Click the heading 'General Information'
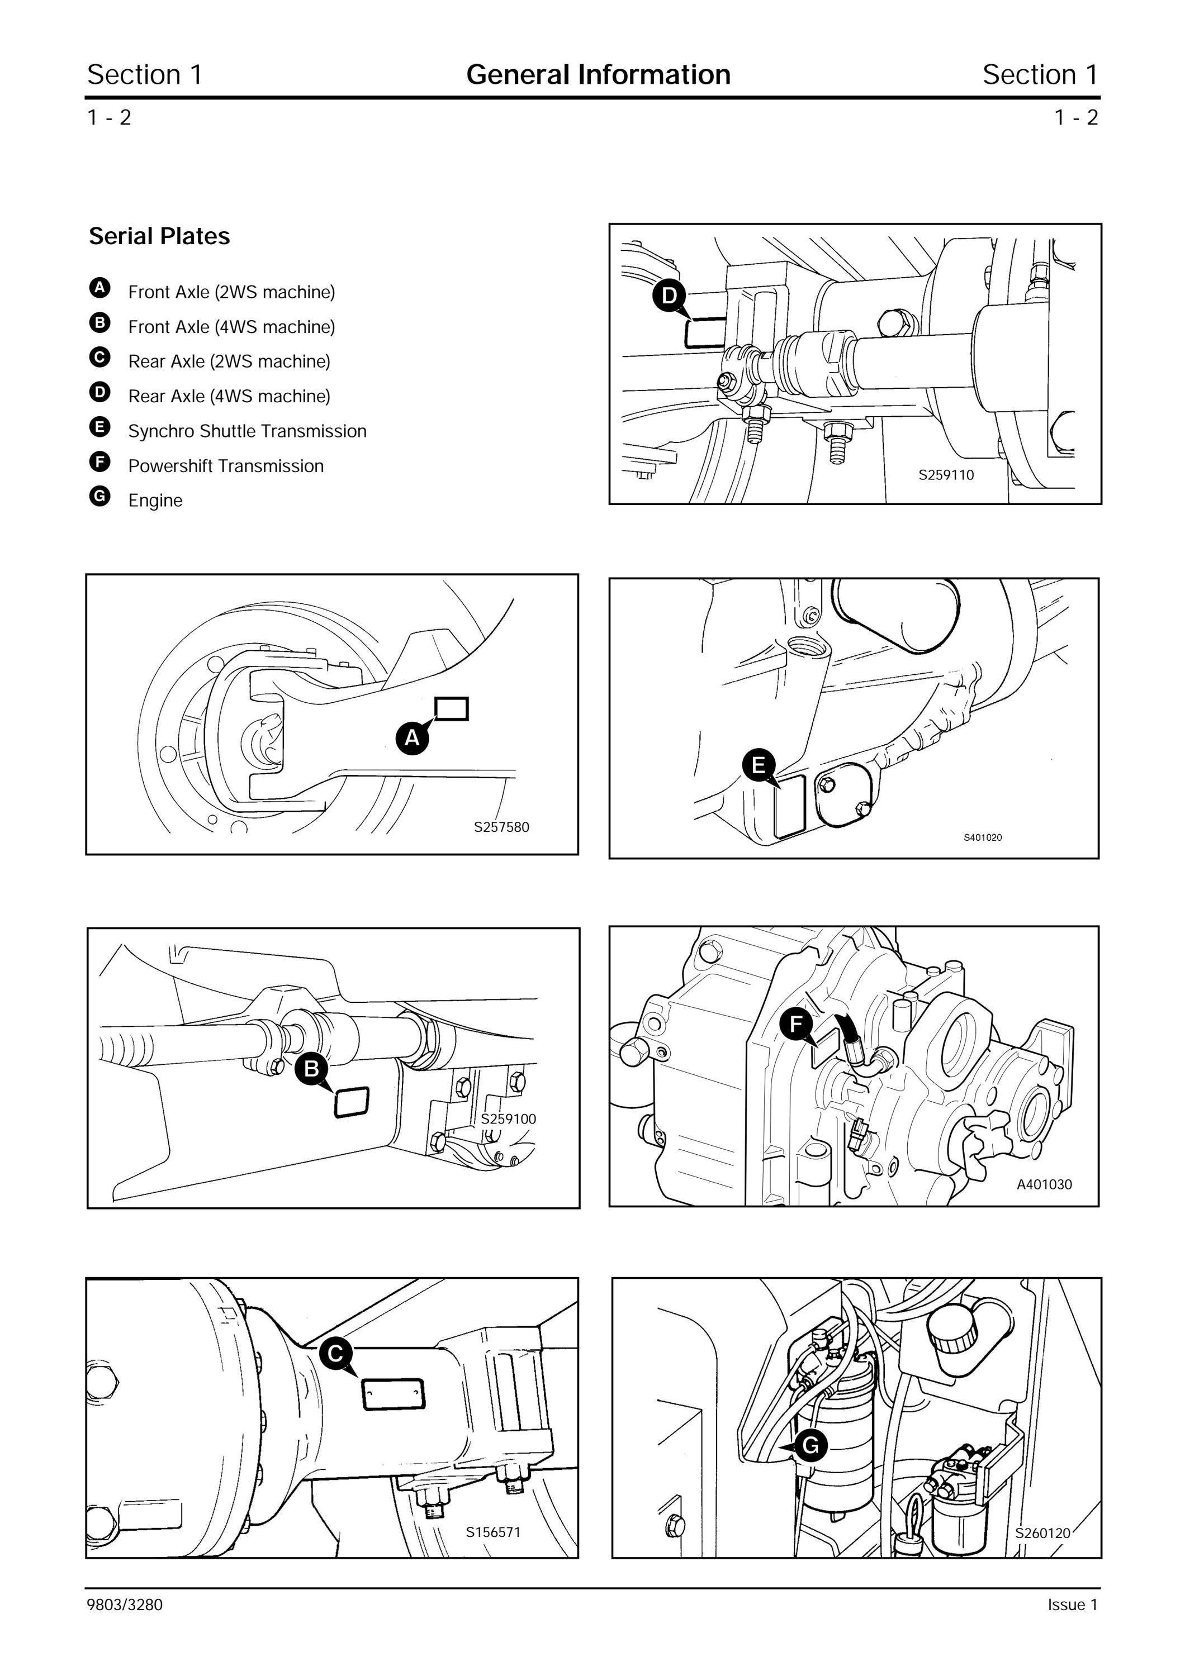point(598,74)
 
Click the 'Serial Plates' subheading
point(159,236)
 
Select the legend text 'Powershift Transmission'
point(226,466)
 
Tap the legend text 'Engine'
point(155,501)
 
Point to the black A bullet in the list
point(100,288)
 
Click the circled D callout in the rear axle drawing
point(669,296)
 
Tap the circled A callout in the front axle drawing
point(413,738)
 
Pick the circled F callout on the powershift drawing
point(796,1023)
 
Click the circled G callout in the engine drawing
point(810,1445)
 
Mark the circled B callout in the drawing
point(312,1069)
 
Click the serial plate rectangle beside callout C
point(394,1394)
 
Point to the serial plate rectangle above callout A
point(451,709)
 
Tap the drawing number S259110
point(946,475)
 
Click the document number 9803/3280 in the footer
point(125,1604)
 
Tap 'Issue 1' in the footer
point(1073,1604)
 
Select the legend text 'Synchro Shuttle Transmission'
point(248,431)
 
